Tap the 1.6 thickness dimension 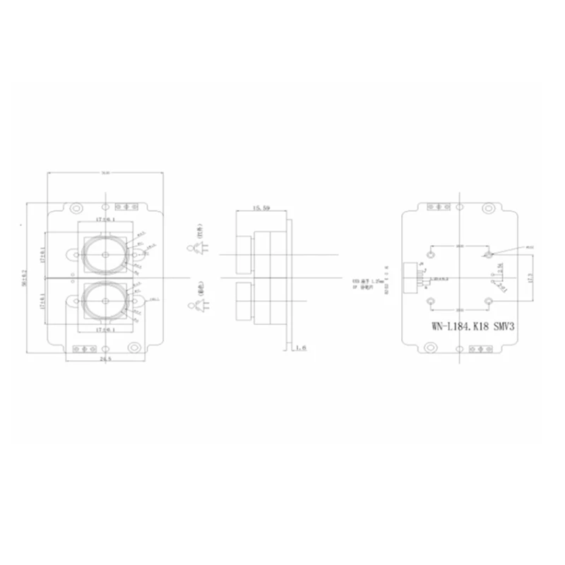coord(301,347)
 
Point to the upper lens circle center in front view coord(105,253)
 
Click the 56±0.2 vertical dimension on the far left coord(24,275)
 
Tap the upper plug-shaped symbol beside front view coord(196,248)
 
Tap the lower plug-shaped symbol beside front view coord(196,305)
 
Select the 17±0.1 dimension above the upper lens coord(104,220)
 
